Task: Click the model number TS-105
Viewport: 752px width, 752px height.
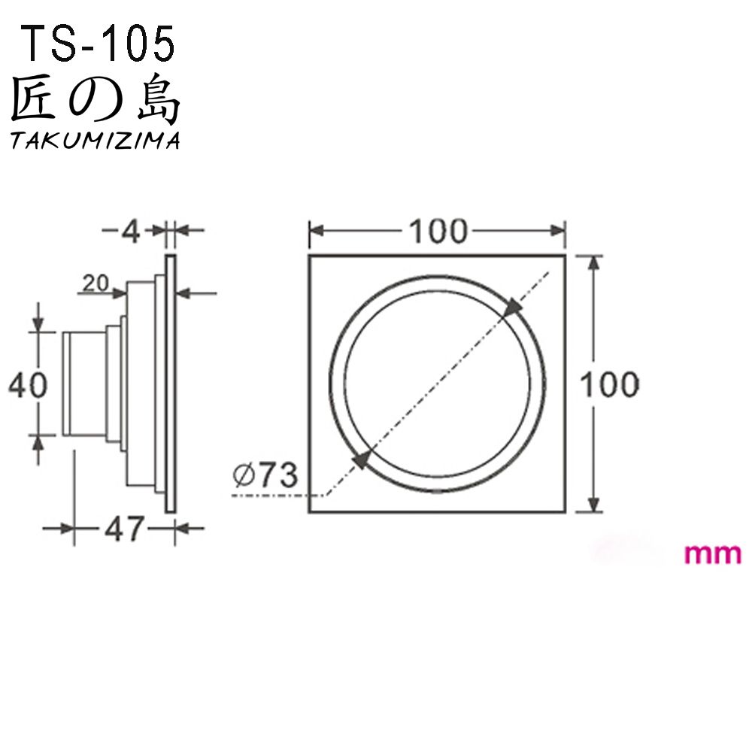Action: point(99,44)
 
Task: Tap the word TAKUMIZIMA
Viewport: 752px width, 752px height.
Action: point(95,141)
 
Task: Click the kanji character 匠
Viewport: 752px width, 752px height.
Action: point(32,99)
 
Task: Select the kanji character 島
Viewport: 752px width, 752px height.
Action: point(159,99)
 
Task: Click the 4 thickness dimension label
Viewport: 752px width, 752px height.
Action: point(130,232)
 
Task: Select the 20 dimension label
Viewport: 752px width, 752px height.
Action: point(96,283)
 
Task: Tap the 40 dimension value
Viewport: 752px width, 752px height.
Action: point(29,385)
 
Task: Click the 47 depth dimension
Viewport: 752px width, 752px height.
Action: point(124,529)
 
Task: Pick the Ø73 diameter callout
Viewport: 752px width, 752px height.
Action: point(265,475)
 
